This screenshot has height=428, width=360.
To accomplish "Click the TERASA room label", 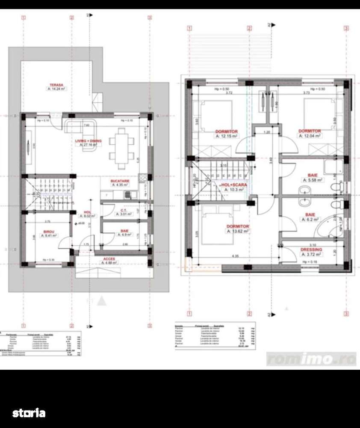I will (x=56, y=85).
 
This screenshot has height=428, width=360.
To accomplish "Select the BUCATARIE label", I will (x=120, y=181).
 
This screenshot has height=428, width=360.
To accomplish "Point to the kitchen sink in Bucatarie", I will (x=129, y=195).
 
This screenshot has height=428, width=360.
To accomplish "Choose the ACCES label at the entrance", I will (x=109, y=259).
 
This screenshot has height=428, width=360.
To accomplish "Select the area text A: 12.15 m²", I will (x=226, y=136).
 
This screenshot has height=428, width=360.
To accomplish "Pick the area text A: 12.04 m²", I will (x=310, y=135).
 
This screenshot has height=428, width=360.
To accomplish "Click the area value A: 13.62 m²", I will (x=238, y=231).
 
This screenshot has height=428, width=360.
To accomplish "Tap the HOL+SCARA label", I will (x=233, y=184).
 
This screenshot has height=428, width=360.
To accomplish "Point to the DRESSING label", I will (x=311, y=250).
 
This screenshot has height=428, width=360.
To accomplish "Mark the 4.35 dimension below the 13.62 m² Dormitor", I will (x=235, y=256).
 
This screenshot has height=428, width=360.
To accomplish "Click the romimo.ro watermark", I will (x=311, y=359).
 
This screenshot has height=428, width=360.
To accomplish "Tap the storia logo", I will (x=29, y=413).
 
